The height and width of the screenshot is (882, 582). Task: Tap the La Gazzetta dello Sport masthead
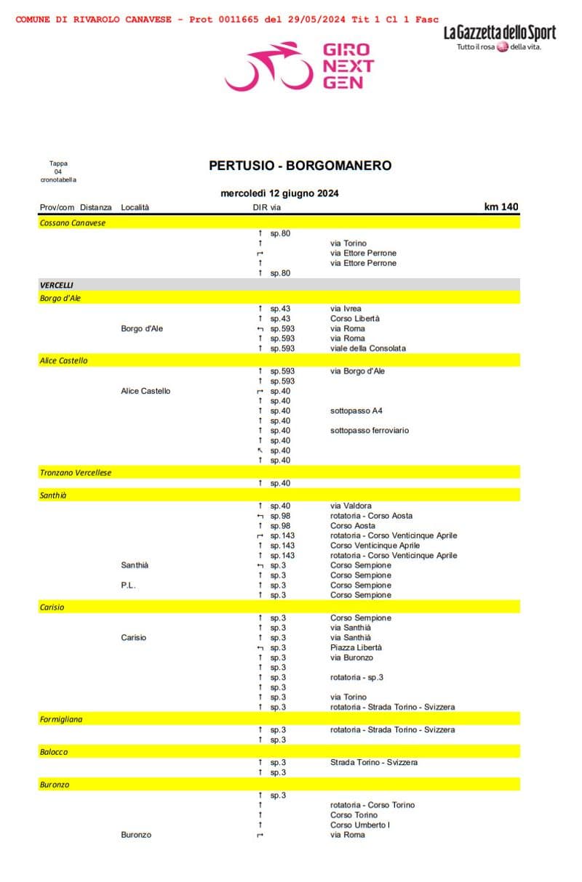500,33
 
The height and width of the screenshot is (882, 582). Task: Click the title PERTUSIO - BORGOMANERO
300,166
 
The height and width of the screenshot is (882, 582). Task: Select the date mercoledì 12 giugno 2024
279,193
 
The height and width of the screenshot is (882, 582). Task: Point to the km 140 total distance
501,207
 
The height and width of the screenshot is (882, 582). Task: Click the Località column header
135,208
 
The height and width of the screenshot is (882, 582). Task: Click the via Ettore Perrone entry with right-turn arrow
363,253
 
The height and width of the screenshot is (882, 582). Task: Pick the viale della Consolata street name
368,348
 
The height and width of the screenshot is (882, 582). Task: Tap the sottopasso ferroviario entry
370,430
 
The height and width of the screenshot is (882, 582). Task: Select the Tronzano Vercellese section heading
76,473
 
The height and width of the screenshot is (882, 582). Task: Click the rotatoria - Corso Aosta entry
371,516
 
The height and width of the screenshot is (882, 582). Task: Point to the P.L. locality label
129,585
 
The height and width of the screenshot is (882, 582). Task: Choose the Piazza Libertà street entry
356,647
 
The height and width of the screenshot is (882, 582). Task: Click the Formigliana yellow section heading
61,719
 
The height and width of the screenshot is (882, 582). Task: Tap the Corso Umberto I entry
360,825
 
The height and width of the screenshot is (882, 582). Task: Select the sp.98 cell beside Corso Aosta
280,525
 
